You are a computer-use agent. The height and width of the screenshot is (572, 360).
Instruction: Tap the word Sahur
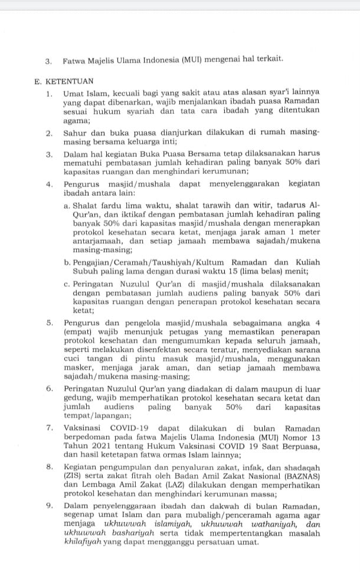pyautogui.click(x=75, y=134)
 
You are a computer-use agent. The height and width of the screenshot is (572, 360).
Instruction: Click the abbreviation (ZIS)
pyautogui.click(x=75, y=475)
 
